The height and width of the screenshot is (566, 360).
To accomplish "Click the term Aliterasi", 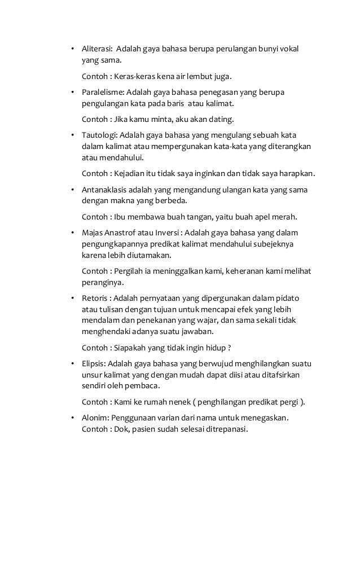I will point(96,49).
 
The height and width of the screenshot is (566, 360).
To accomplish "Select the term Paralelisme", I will point(102,92).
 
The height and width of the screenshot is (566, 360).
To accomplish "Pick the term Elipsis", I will point(93,363).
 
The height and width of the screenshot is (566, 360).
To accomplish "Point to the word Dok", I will point(122,428).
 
